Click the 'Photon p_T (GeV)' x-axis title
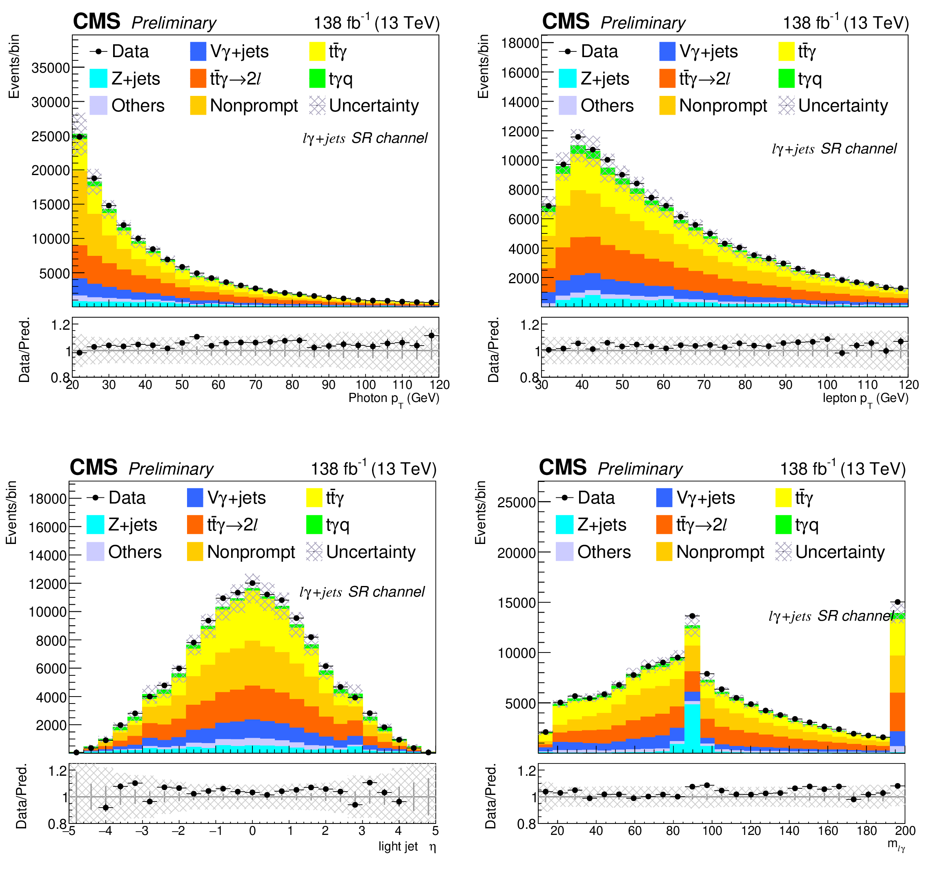pyautogui.click(x=394, y=399)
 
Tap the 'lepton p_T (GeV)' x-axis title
pyautogui.click(x=865, y=399)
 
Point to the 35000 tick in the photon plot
pyautogui.click(x=50, y=68)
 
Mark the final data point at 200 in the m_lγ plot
pyautogui.click(x=897, y=602)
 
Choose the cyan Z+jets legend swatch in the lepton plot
pyautogui.click(x=567, y=79)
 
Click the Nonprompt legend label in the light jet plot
pyautogui.click(x=251, y=552)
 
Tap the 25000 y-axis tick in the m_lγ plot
pyautogui.click(x=516, y=502)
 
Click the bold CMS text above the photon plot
pyautogui.click(x=96, y=22)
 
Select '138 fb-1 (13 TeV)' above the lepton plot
pyautogui.click(x=845, y=22)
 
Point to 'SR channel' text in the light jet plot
pyautogui.click(x=386, y=592)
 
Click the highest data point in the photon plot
pyautogui.click(x=80, y=137)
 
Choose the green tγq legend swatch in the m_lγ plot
pyautogui.click(x=783, y=525)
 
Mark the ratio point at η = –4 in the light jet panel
pyautogui.click(x=106, y=808)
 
